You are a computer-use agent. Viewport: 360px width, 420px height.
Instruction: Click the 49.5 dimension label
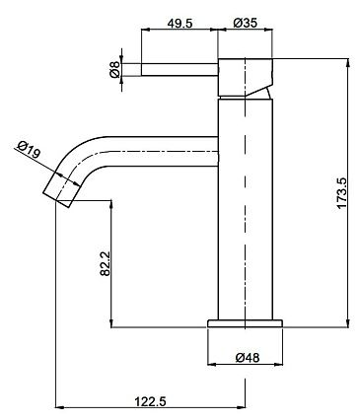pyautogui.click(x=180, y=23)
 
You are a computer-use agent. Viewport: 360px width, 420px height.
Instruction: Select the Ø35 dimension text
pyautogui.click(x=245, y=23)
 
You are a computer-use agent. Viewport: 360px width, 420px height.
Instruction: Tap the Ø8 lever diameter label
pyautogui.click(x=114, y=69)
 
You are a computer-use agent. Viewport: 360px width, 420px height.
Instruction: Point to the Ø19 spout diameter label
pyautogui.click(x=29, y=150)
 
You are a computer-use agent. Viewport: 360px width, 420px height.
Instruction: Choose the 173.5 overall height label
pyautogui.click(x=341, y=193)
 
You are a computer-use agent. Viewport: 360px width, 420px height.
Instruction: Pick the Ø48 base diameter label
pyautogui.click(x=248, y=357)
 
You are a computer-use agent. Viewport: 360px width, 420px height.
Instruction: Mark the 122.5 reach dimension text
pyautogui.click(x=151, y=401)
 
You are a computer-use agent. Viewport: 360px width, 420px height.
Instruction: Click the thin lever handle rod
pyautogui.click(x=180, y=69)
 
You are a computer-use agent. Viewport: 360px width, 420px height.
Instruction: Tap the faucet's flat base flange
pyautogui.click(x=245, y=323)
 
